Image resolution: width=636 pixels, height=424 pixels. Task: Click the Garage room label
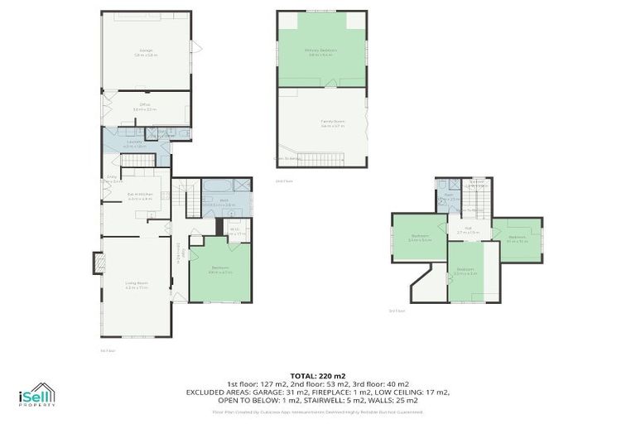(146, 52)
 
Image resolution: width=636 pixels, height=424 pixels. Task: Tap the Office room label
(145, 106)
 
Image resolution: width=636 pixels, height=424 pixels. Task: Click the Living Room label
(136, 286)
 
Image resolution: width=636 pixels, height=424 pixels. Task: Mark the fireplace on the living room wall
(99, 263)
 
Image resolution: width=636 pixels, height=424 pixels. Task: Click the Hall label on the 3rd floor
(468, 231)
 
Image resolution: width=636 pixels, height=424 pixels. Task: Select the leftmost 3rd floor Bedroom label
(420, 238)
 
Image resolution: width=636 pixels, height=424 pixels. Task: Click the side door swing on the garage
(196, 47)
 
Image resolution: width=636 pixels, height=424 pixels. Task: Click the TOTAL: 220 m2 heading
(318, 374)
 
